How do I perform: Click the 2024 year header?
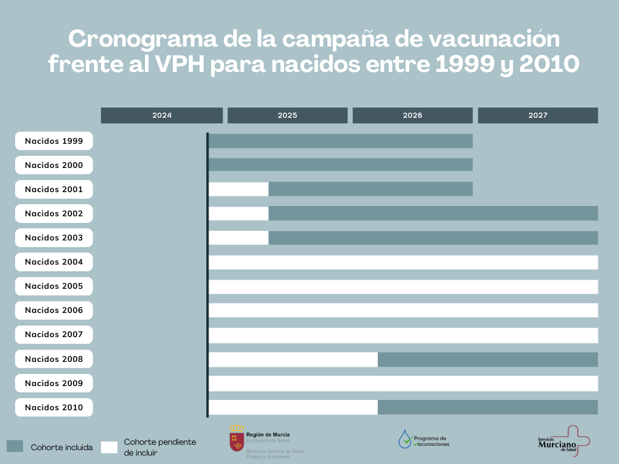click(161, 115)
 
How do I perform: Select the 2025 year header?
click(287, 115)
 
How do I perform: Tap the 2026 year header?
click(412, 115)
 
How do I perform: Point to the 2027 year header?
click(537, 115)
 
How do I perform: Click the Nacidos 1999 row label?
click(54, 141)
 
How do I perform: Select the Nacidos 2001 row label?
click(54, 189)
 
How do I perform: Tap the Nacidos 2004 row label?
click(54, 262)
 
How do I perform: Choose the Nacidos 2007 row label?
click(54, 335)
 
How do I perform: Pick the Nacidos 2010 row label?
click(54, 407)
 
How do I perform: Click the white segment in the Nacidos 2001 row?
click(239, 189)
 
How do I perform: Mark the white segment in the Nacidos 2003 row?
click(239, 237)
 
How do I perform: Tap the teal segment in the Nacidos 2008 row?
click(488, 359)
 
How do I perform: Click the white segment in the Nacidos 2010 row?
click(293, 407)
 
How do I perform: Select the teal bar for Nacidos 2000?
click(340, 165)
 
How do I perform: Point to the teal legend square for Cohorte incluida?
click(15, 446)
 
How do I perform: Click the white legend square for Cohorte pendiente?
click(109, 447)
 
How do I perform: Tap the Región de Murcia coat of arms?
click(236, 439)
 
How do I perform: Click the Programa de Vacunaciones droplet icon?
click(404, 439)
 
